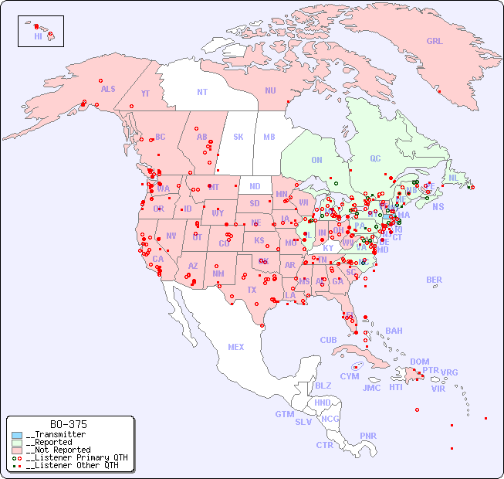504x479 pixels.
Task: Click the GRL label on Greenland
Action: (x=435, y=41)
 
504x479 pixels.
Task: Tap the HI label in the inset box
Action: (x=38, y=36)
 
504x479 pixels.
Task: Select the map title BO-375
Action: (x=69, y=424)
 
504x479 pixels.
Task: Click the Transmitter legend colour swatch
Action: (x=17, y=435)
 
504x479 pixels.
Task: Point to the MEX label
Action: (x=236, y=347)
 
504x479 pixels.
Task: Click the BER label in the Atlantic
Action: (x=434, y=280)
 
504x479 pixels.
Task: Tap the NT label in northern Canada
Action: (x=202, y=91)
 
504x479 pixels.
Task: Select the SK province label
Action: (x=238, y=137)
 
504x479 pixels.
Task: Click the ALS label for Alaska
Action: (x=108, y=89)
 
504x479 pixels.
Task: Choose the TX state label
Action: (x=251, y=290)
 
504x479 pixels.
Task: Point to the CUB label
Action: (x=328, y=340)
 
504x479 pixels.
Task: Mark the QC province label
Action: (x=375, y=158)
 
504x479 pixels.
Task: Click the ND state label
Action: (x=255, y=186)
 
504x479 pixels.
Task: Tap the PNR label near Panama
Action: (x=368, y=436)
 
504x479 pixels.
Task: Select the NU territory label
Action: (x=270, y=90)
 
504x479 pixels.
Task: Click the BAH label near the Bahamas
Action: (x=394, y=331)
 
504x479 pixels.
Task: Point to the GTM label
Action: (x=284, y=414)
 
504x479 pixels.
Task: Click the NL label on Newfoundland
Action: (x=453, y=177)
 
